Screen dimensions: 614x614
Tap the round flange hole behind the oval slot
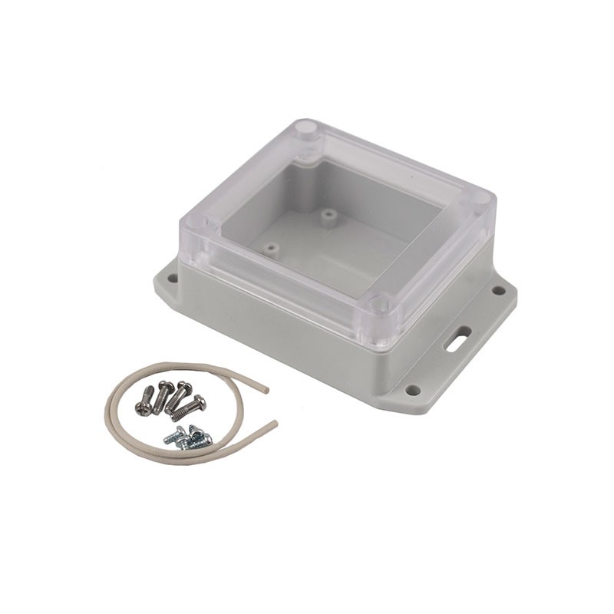click(499, 290)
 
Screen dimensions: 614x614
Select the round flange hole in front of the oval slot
click(413, 390)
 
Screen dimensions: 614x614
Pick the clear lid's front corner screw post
click(378, 305)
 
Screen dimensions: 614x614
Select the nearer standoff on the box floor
click(270, 248)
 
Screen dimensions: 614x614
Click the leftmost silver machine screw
click(145, 401)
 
